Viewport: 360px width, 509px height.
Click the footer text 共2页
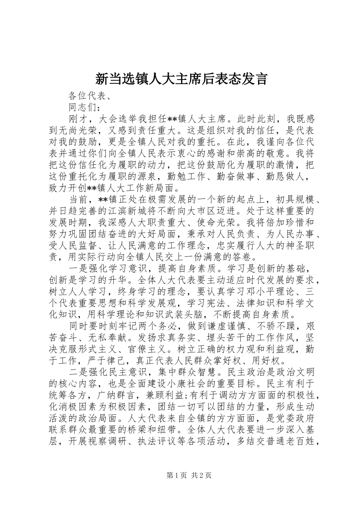201,476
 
